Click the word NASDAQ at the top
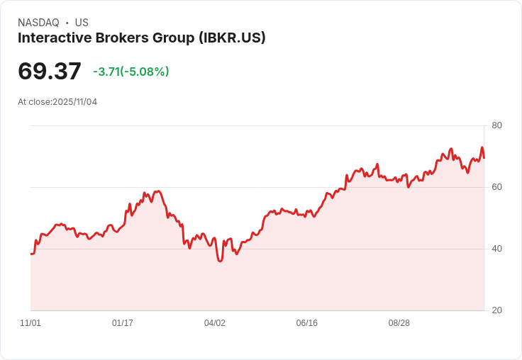38,23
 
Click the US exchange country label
82,23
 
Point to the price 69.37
50,72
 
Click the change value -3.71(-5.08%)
131,72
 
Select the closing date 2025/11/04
75,102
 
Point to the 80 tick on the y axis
496,125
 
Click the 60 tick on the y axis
496,187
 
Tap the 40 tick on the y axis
496,249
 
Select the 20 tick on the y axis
496,310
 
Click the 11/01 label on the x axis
30,323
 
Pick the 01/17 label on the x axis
123,323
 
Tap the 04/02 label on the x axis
215,323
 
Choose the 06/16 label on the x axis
307,323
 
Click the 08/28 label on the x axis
399,323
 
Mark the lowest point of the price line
221,261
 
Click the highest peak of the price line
482,147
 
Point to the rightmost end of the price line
484,157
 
